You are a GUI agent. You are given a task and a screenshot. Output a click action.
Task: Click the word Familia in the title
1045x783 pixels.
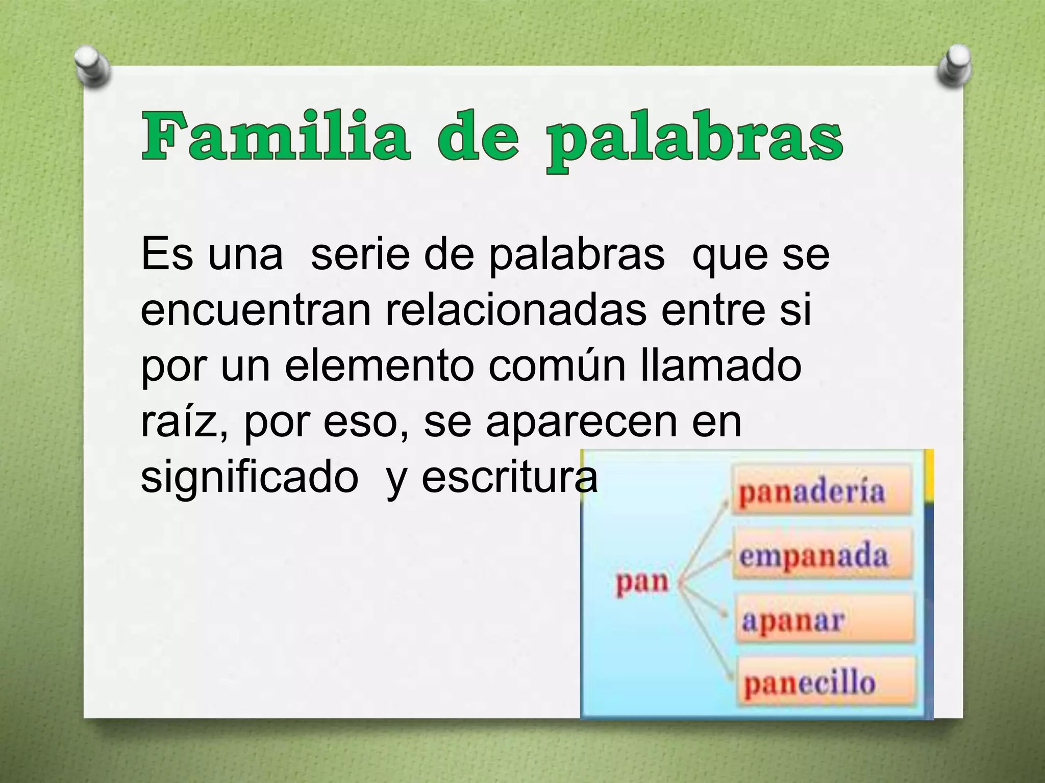[276, 137]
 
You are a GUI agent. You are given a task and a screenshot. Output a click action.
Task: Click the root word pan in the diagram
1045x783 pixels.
[641, 582]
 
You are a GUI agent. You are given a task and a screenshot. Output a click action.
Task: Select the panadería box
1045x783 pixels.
[822, 492]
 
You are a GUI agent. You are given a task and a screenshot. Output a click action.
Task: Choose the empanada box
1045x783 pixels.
[822, 556]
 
